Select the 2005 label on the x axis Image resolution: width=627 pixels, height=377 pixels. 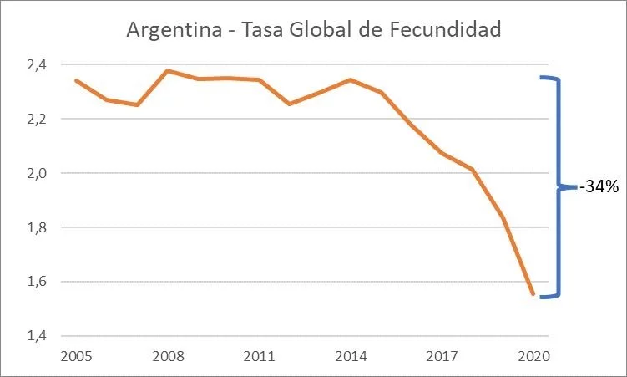(77, 356)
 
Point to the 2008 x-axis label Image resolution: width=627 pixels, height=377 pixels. (168, 356)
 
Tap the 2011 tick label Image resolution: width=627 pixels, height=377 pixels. (259, 356)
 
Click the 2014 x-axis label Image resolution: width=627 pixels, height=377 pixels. (350, 356)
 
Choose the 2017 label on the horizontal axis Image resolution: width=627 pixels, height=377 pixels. (442, 356)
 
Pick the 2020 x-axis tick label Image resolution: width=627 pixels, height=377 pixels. (533, 356)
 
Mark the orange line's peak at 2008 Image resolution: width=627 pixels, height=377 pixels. (168, 70)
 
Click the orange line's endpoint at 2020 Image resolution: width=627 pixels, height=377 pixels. (533, 294)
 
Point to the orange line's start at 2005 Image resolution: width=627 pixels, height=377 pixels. (77, 80)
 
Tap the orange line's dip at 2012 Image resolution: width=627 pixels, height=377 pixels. (289, 104)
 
